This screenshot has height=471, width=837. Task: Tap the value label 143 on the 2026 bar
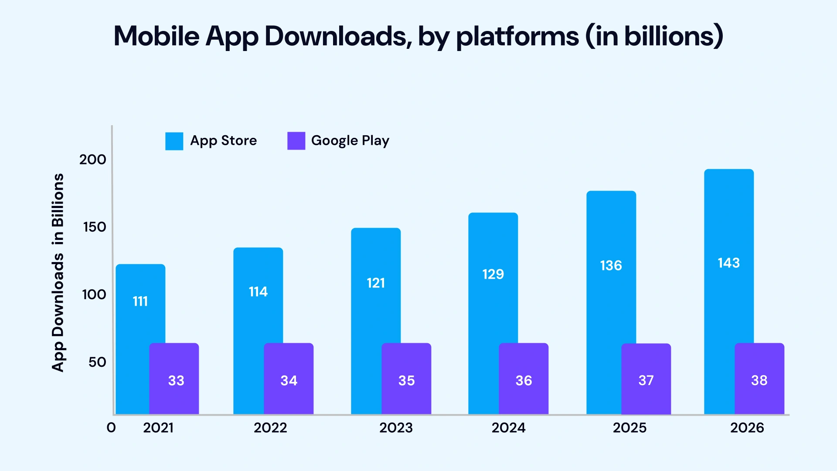(728, 263)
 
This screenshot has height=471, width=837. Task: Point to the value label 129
(493, 274)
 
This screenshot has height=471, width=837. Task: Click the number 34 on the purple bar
(289, 381)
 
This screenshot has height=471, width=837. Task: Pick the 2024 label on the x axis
(508, 428)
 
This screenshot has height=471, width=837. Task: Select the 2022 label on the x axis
(270, 428)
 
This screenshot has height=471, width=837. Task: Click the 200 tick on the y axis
(92, 160)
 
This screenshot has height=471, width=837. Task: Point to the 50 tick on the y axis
(97, 362)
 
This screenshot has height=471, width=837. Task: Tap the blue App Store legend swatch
(174, 141)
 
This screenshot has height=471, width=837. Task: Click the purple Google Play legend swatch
(296, 141)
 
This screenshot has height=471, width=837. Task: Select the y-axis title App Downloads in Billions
(58, 273)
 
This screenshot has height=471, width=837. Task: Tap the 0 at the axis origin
(111, 428)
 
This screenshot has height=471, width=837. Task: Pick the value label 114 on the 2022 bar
(258, 292)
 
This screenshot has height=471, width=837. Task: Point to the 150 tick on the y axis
(95, 227)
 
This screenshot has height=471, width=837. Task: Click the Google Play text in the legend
(350, 141)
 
